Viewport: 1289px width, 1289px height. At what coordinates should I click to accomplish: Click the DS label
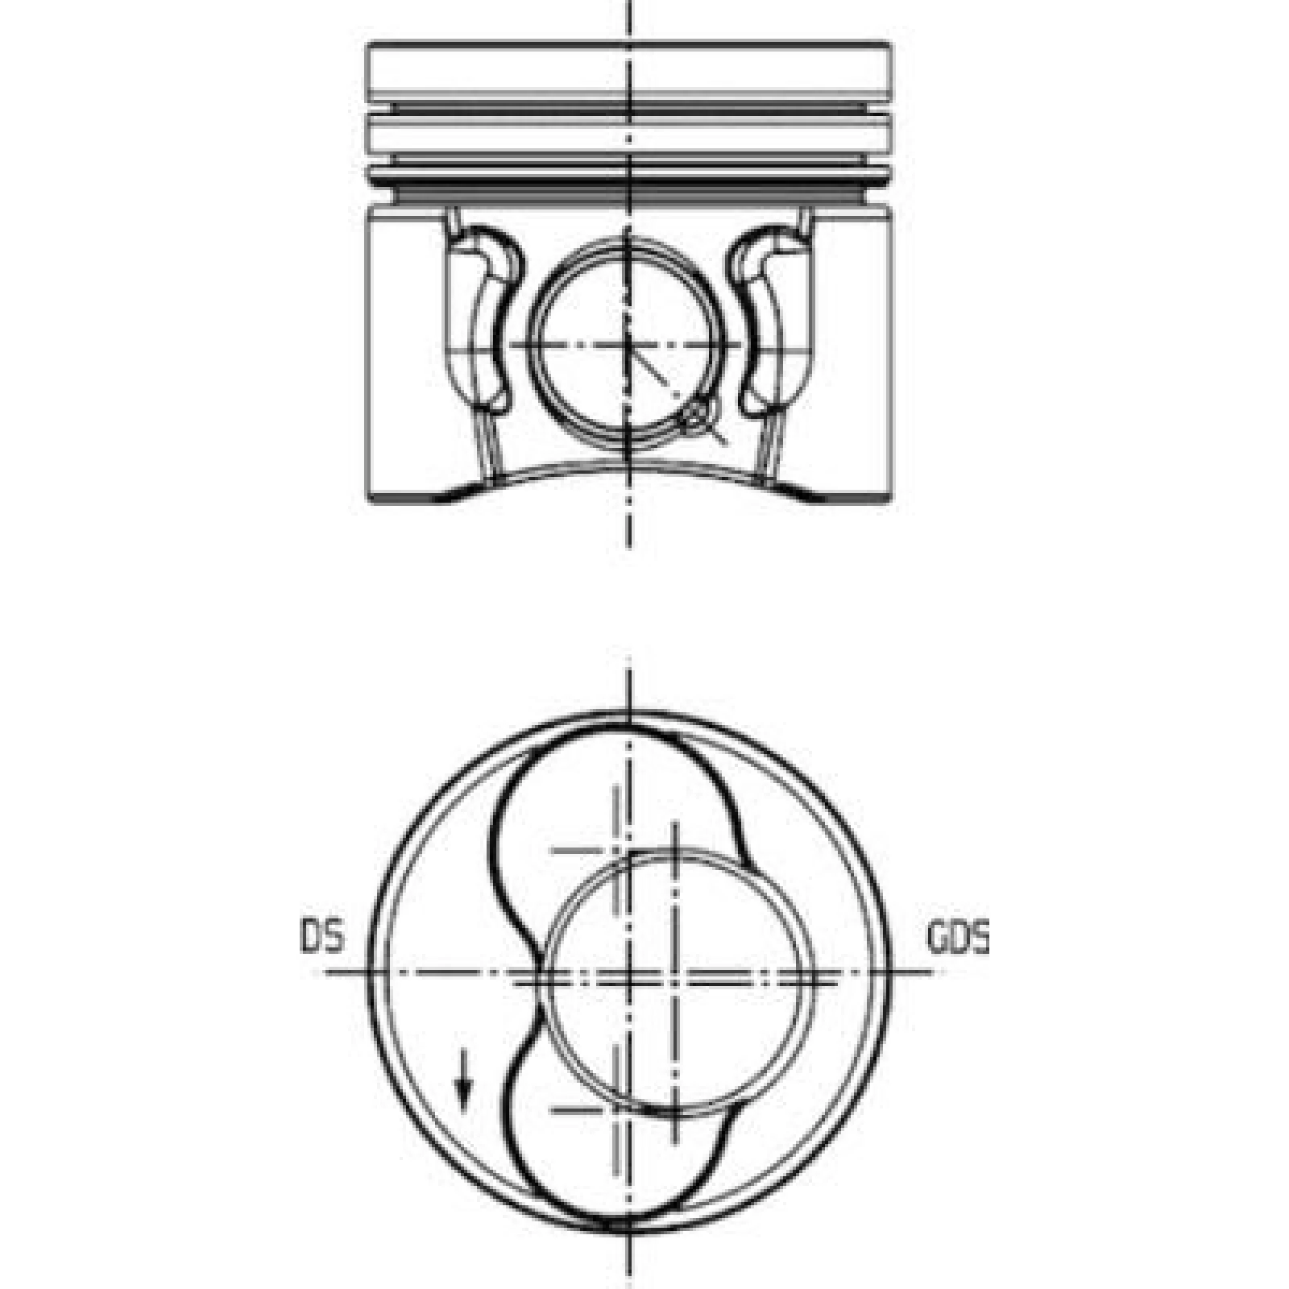pyautogui.click(x=322, y=938)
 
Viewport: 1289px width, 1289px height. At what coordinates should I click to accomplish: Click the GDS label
pyautogui.click(x=958, y=938)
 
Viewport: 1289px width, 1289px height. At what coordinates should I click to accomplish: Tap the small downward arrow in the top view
pyautogui.click(x=462, y=1079)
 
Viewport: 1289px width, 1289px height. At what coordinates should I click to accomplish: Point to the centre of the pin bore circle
pyautogui.click(x=628, y=345)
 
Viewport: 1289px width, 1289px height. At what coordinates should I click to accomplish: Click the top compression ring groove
pyautogui.click(x=628, y=107)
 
